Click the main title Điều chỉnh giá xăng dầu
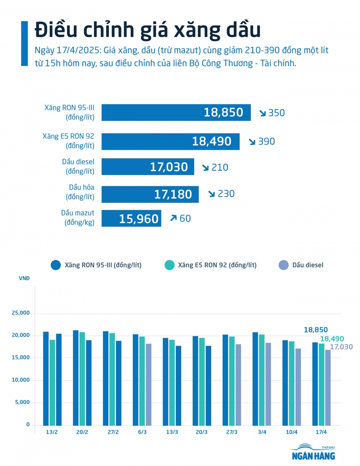click(148, 30)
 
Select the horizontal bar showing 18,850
click(176, 112)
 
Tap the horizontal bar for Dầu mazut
click(131, 218)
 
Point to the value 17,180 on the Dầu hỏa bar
click(173, 194)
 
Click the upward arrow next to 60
click(174, 218)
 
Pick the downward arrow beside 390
click(252, 142)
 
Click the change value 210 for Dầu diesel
click(220, 167)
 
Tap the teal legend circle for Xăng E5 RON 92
click(169, 265)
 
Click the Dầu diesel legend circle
click(283, 265)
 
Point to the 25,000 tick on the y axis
click(21, 313)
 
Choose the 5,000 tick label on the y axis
click(22, 402)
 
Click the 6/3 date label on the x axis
click(142, 432)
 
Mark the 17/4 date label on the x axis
click(321, 432)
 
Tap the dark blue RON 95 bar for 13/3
click(166, 381)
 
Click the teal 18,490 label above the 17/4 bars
click(332, 339)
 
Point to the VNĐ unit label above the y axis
click(24, 278)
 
